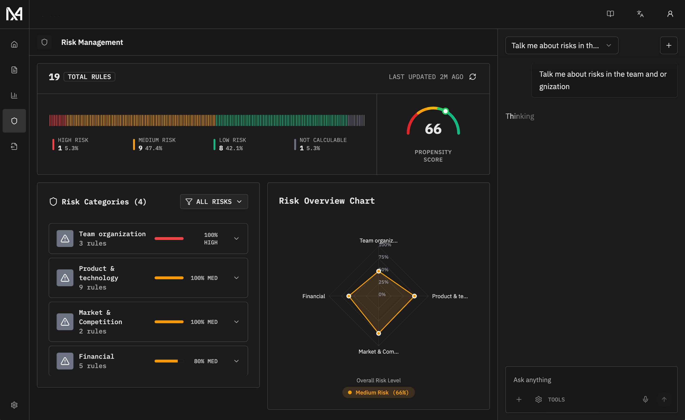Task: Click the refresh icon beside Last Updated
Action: (x=473, y=77)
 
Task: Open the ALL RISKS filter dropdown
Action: (x=214, y=202)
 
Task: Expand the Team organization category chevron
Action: (x=236, y=239)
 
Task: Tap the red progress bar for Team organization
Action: (x=169, y=239)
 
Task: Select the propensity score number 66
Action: (x=433, y=129)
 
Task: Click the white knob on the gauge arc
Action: (x=445, y=111)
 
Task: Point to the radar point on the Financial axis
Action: (x=349, y=296)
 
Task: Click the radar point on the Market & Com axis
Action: (x=378, y=333)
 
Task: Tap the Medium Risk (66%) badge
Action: (x=378, y=392)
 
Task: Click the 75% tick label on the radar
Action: (x=383, y=257)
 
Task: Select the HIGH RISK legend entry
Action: (x=73, y=144)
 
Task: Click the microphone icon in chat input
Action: (x=645, y=399)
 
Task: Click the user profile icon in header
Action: (x=670, y=14)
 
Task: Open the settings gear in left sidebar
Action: (x=14, y=405)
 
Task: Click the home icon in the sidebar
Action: (x=14, y=44)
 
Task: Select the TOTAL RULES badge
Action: (x=89, y=77)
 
